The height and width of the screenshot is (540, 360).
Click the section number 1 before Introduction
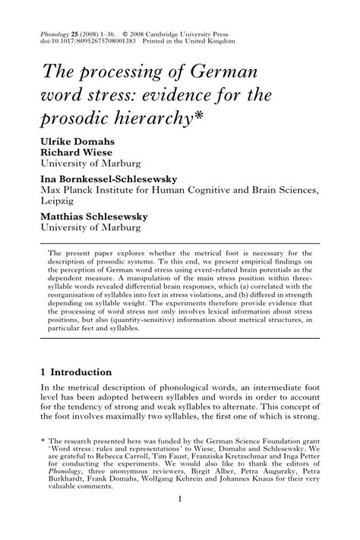point(43,371)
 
